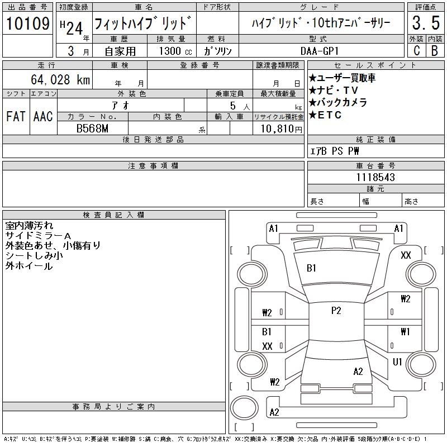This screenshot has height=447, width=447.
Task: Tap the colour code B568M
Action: (92, 128)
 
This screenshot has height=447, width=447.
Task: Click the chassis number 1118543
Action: (375, 177)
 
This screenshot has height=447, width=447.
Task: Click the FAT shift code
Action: (16, 116)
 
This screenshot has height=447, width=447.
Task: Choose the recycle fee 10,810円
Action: (278, 129)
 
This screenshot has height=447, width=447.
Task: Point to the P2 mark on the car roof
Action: (336, 311)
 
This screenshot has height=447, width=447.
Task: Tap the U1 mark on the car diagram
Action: (397, 362)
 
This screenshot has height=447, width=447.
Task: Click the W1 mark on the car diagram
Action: (405, 331)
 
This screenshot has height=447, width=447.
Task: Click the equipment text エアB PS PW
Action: (335, 151)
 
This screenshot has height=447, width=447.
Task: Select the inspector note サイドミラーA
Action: (38, 236)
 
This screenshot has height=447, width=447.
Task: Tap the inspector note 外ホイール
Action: (29, 266)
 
